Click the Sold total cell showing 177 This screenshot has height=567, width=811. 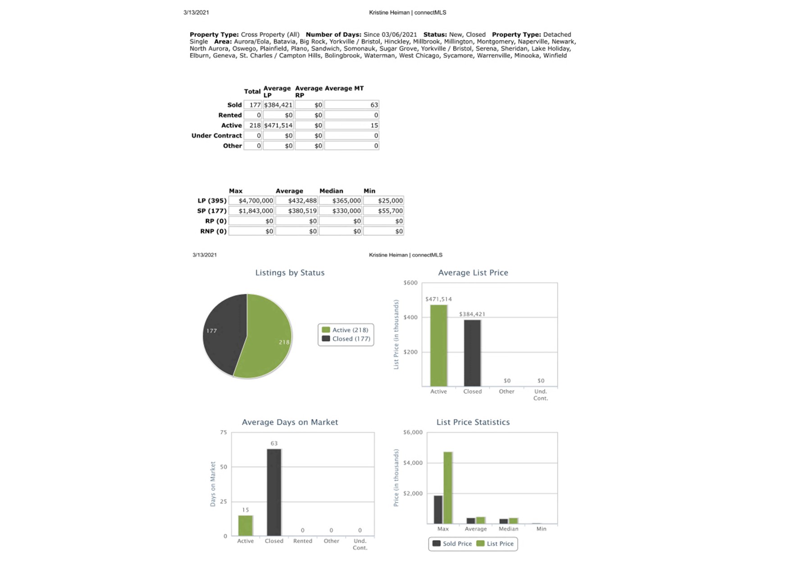point(253,105)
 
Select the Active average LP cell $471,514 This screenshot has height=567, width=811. point(278,126)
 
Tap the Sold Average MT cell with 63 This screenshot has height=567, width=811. point(352,105)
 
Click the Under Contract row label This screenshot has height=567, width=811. point(217,135)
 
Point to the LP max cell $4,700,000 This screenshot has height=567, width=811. point(251,201)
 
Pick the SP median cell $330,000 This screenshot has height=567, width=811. point(341,211)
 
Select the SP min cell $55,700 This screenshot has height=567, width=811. point(384,211)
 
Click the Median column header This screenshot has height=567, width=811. point(331,191)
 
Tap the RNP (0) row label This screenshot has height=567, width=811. point(213,231)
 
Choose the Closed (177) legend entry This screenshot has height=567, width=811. point(346,339)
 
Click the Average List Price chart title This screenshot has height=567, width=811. point(473,273)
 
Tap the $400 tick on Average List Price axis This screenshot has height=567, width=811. point(410,317)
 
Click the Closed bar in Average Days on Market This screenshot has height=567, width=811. point(274,492)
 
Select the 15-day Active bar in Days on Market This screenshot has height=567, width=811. point(246,526)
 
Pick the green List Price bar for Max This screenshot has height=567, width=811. point(448,488)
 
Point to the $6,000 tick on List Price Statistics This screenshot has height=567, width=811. point(413,432)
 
